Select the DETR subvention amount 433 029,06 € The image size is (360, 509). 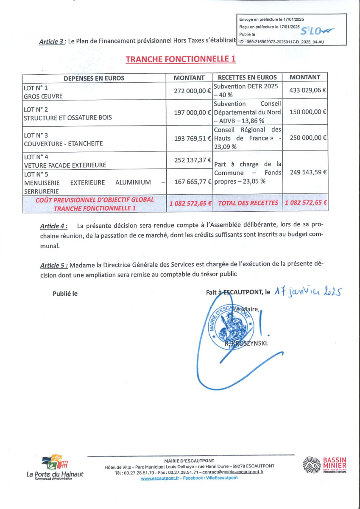tap(307, 90)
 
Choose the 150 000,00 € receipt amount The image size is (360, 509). tap(307, 112)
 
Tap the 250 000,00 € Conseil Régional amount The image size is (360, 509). tap(307, 138)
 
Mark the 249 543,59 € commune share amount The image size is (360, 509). tap(307, 172)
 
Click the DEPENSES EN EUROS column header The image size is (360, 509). tap(94, 78)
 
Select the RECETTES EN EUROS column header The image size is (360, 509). tap(248, 78)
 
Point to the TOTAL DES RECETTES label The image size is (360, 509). tap(248, 203)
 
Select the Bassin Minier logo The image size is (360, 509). tap(325, 465)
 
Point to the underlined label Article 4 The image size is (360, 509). tap(53, 226)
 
